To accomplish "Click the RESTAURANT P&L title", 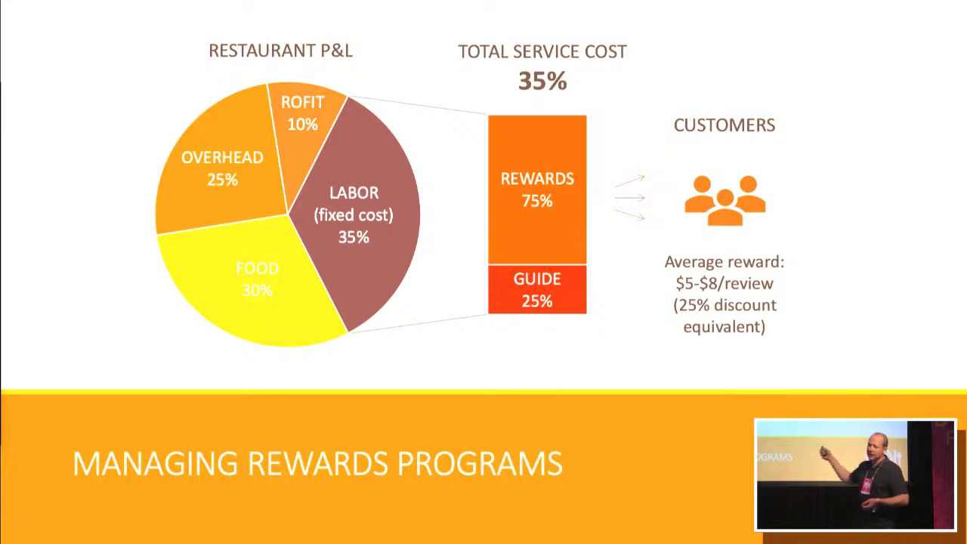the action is pos(280,51).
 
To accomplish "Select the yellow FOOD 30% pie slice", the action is pos(250,285).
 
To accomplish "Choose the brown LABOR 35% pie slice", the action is pos(358,216).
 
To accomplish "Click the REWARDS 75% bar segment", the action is pos(537,190).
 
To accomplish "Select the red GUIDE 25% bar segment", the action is pos(537,289).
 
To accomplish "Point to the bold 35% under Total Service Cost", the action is pos(542,81).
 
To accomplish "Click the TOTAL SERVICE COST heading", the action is pos(542,52).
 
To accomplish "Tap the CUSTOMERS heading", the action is pos(724,125).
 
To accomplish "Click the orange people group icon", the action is pos(725,200).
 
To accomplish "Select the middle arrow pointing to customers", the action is pos(630,198).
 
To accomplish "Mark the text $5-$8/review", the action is pos(724,283).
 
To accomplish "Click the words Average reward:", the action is pos(724,262).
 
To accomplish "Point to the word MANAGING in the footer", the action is pos(155,463).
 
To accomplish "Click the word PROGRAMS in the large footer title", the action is pos(480,463).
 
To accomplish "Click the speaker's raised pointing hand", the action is pos(826,452).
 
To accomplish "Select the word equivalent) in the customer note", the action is pos(724,327).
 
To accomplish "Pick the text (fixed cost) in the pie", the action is pos(354,215).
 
